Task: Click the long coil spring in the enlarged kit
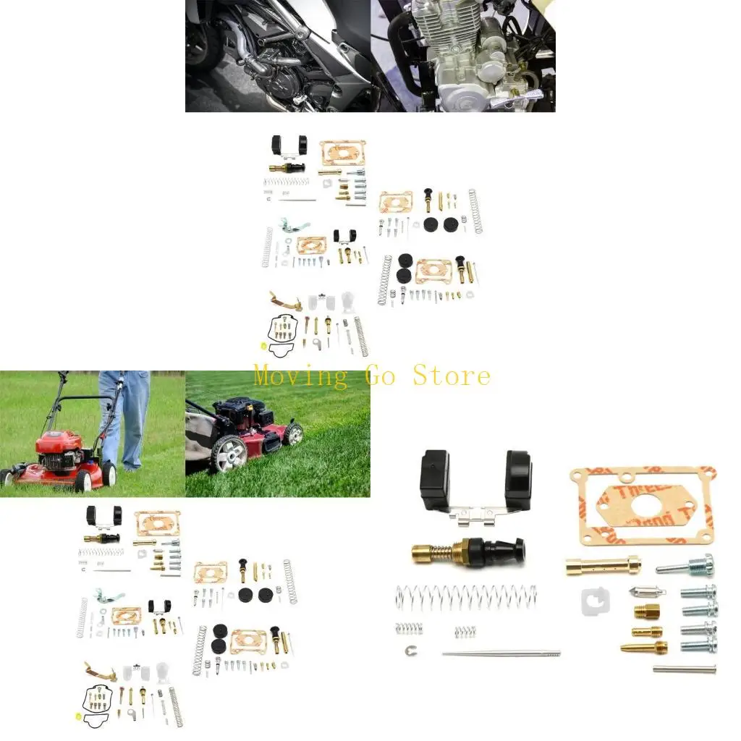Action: click(x=467, y=597)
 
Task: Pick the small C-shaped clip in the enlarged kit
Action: click(x=410, y=650)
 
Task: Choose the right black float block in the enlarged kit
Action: click(x=519, y=480)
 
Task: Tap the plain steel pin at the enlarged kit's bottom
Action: click(x=684, y=669)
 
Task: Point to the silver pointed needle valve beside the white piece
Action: click(x=642, y=591)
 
